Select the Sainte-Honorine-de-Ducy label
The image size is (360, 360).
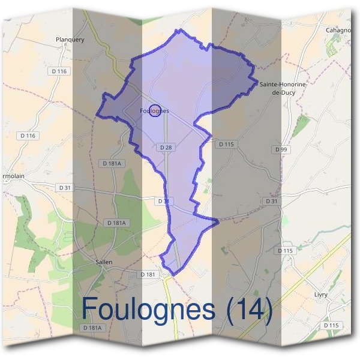(283, 88)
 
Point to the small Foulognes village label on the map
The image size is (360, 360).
(154, 111)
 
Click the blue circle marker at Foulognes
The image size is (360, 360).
(154, 110)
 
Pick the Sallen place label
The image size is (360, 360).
(104, 262)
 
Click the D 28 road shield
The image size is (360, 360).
(166, 147)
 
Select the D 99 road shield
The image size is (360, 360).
(280, 149)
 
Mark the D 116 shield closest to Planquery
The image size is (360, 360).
(60, 71)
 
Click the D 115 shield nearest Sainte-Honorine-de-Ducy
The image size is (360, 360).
(226, 144)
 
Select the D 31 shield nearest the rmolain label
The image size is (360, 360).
(65, 188)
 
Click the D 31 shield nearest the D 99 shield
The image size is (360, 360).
(271, 201)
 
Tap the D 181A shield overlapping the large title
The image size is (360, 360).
(92, 328)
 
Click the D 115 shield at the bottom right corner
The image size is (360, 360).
(331, 325)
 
